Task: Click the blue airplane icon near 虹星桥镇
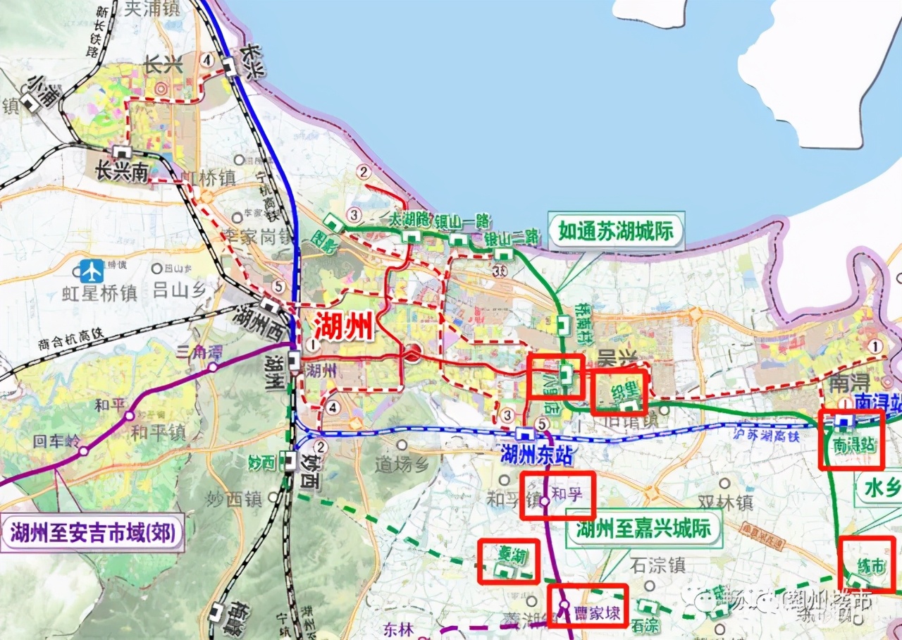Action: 91,270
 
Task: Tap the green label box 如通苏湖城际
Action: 616,230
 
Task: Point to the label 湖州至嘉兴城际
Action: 644,529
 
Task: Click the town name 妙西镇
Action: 234,500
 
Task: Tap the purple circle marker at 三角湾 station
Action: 212,367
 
